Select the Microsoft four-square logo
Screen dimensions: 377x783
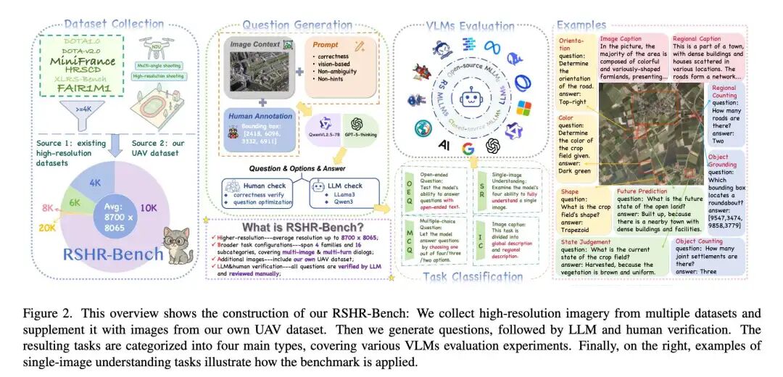pos(523,109)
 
